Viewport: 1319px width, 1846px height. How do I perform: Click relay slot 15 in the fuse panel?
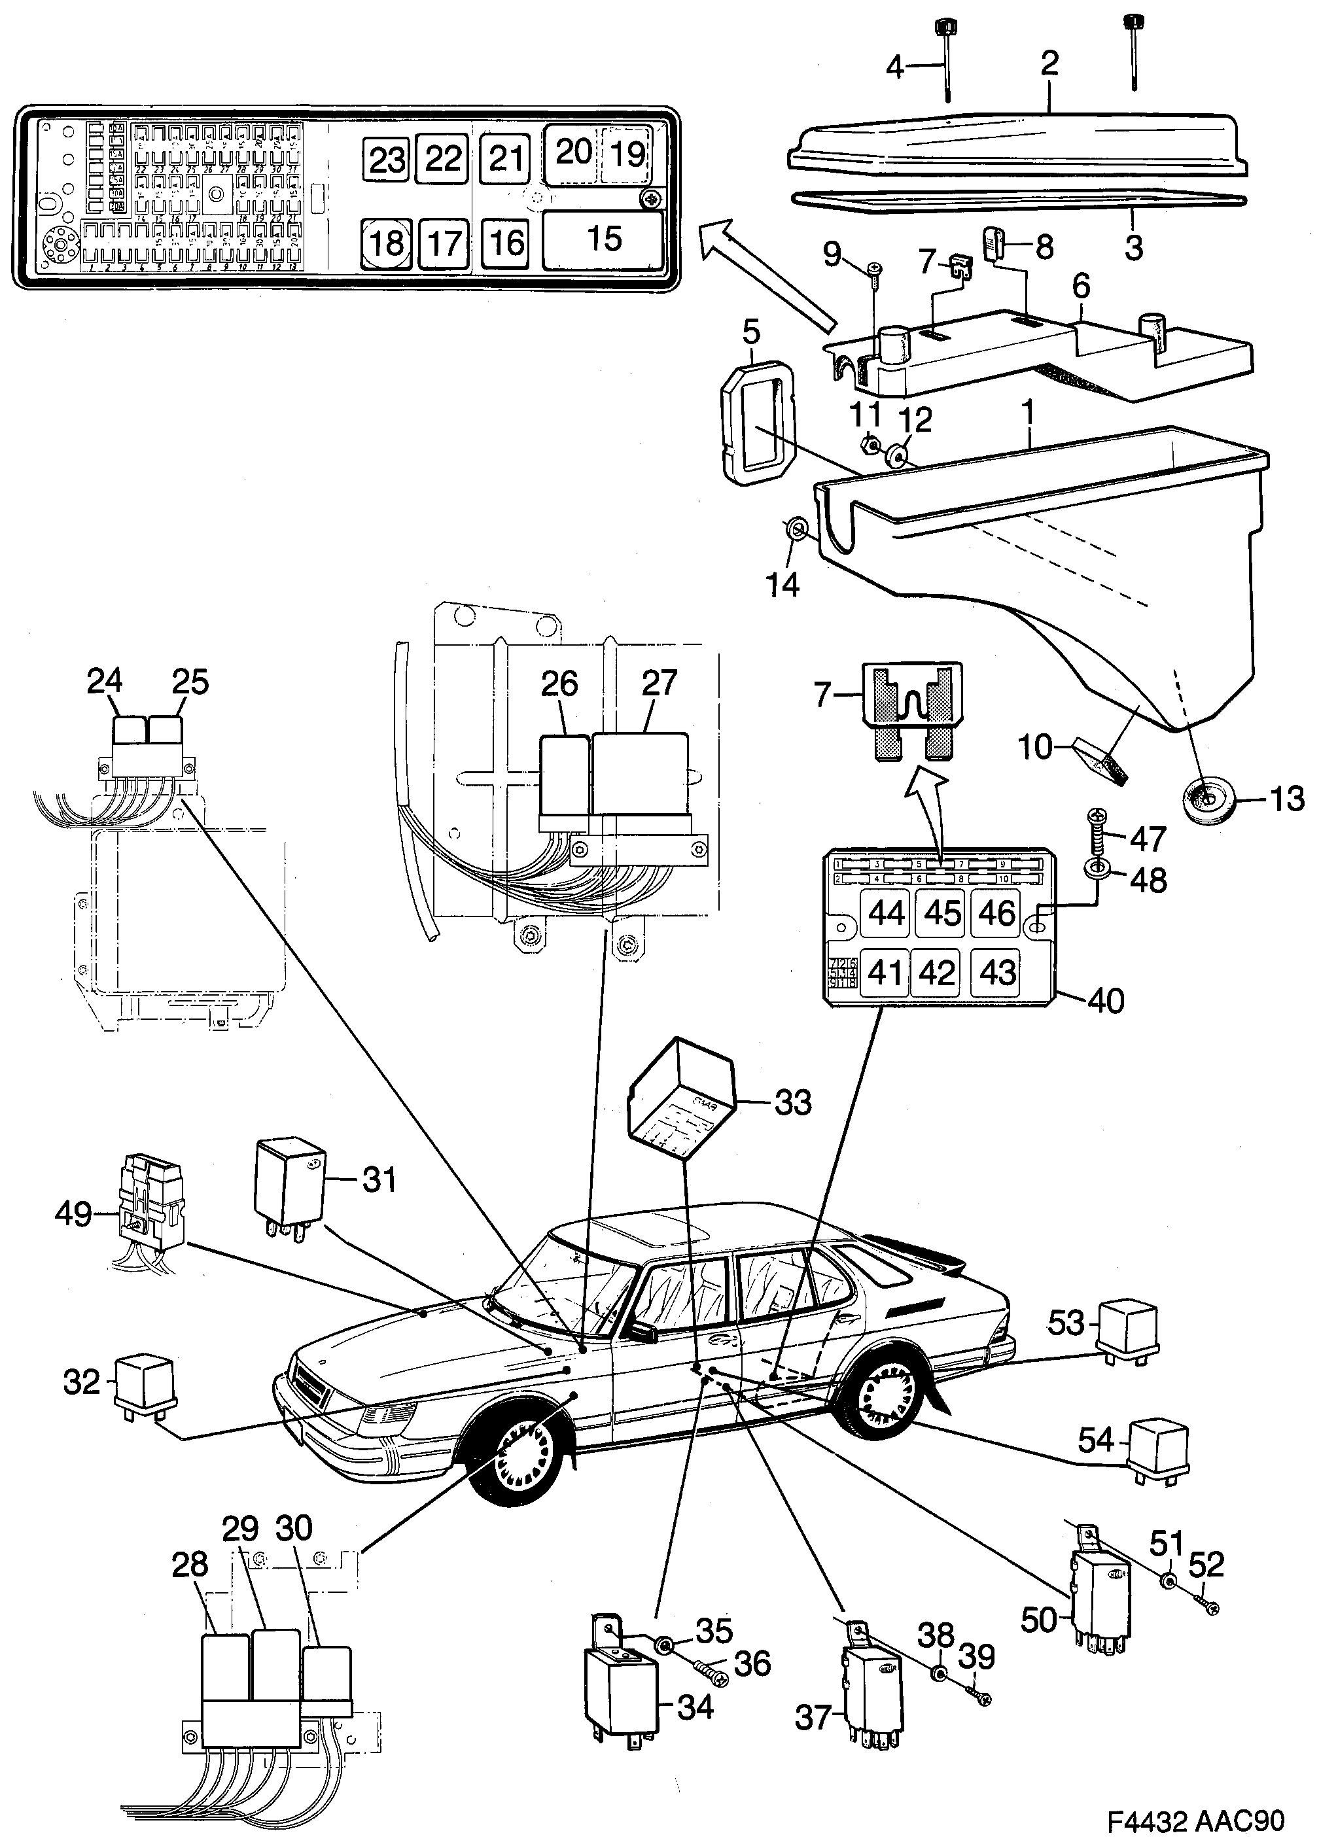point(603,239)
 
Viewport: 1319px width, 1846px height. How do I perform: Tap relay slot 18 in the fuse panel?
point(386,243)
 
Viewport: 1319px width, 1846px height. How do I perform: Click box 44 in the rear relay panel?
point(885,913)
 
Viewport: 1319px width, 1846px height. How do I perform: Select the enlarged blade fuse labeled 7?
point(911,710)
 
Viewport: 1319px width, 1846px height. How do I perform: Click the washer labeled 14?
point(797,529)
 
